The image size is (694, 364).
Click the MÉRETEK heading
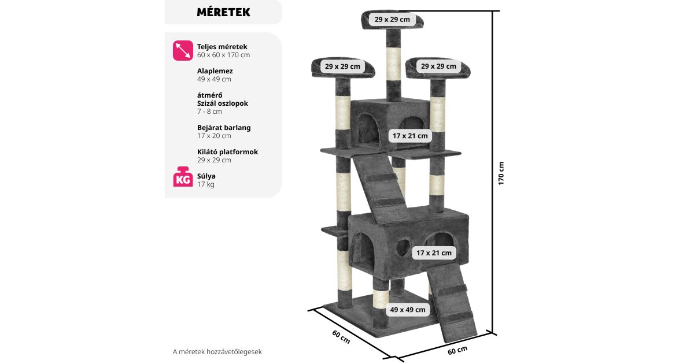tap(223, 12)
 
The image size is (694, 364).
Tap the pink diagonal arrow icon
tap(183, 50)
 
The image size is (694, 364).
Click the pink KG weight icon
tap(183, 177)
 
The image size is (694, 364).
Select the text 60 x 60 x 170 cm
tap(223, 55)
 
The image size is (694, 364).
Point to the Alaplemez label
tap(215, 70)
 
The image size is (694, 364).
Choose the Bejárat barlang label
tap(224, 127)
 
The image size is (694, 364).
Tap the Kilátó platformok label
tap(227, 151)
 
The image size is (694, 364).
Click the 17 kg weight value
tap(205, 184)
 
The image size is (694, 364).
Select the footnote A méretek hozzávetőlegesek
tap(221, 351)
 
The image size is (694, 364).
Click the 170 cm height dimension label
tap(501, 173)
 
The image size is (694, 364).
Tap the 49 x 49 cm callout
tap(408, 310)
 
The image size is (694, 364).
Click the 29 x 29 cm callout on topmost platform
tap(392, 19)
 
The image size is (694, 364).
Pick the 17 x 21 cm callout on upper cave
tap(410, 136)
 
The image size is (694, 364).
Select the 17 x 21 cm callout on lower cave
tap(433, 252)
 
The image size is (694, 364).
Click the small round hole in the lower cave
tap(401, 248)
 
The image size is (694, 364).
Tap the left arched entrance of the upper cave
tap(367, 125)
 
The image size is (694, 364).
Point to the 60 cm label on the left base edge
tap(341, 336)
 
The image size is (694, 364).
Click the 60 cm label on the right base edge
tap(457, 350)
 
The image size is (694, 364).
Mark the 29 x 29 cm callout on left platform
tap(342, 66)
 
